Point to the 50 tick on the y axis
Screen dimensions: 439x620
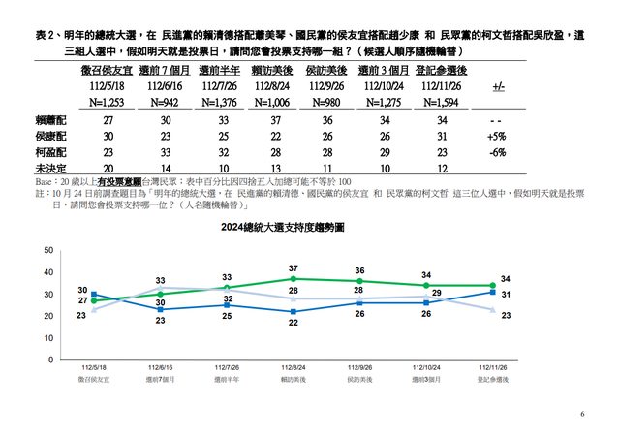point(49,251)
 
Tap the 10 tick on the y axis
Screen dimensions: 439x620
point(49,338)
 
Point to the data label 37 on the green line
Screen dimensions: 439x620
point(294,267)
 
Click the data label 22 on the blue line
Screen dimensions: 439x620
point(294,323)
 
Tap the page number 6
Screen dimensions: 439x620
point(583,414)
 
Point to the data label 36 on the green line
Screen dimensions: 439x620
point(360,270)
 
